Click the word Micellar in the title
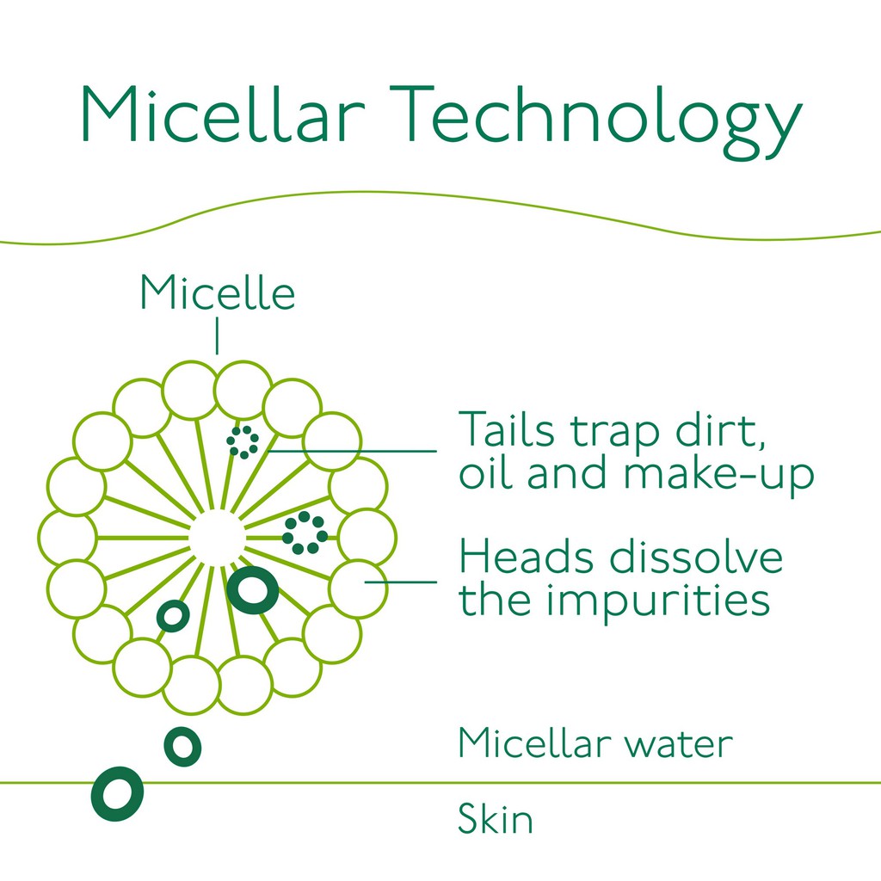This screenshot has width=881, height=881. [224, 114]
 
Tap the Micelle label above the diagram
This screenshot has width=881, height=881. [218, 293]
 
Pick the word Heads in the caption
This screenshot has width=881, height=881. [526, 557]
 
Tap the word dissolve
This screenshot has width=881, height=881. [696, 557]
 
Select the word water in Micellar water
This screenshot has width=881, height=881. [679, 745]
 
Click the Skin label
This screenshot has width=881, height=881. [495, 819]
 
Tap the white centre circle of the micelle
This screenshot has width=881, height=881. [217, 538]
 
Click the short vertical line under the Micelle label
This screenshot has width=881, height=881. [217, 336]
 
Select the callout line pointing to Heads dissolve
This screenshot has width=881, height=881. [401, 582]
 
